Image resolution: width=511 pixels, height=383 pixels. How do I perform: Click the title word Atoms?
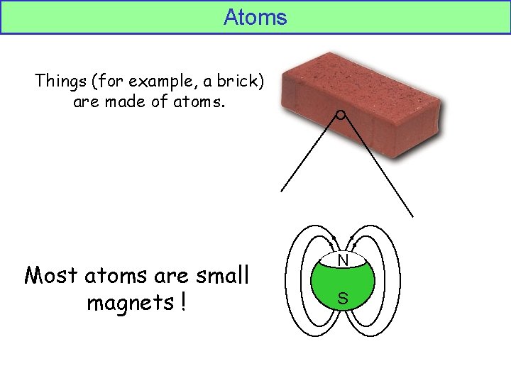[255, 17]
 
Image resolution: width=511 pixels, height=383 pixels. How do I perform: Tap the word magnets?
[129, 303]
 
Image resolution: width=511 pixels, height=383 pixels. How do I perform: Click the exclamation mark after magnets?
[183, 303]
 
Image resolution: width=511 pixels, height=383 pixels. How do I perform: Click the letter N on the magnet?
[343, 261]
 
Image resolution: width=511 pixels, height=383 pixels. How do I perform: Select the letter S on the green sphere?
[343, 299]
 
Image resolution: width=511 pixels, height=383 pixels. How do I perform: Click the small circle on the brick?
[341, 115]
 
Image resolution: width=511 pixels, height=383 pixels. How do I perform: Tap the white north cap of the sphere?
[343, 257]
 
